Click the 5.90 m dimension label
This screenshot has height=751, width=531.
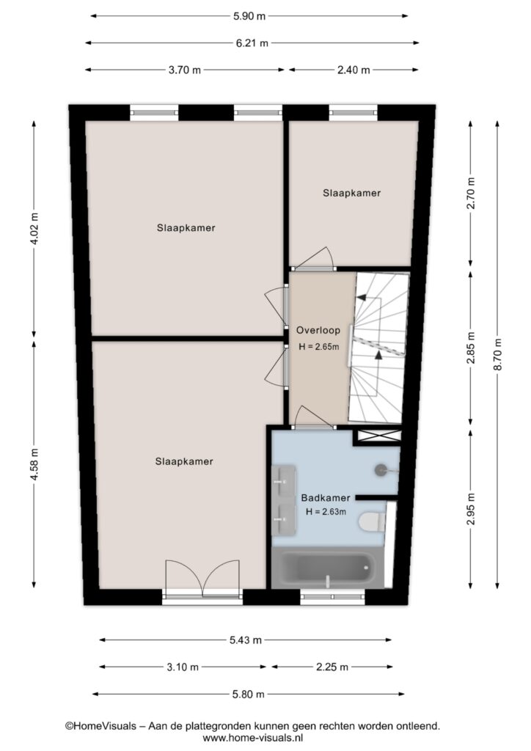pos(249,16)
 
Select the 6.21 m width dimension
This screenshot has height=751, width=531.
pos(252,43)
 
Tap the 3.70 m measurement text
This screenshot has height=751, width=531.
pos(184,70)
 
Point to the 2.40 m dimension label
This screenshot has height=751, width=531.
pos(354,70)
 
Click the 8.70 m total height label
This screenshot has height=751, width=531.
pos(498,354)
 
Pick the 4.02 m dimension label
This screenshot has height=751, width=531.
pos(34,228)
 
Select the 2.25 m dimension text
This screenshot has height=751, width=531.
pos(332,667)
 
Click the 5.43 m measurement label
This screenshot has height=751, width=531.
pos(246,640)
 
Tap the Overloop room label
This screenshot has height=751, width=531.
pos(318,330)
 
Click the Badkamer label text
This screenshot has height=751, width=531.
pos(326,498)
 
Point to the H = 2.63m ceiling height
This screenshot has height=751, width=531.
pos(326,511)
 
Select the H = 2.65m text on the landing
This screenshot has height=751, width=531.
pos(318,346)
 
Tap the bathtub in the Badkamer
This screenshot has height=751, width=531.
pos(328,568)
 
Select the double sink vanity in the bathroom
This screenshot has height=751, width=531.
pos(284,499)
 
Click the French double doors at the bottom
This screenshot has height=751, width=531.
pos(202,579)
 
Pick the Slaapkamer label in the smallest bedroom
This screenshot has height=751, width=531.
pos(351,193)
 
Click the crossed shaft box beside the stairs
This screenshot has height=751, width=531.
pos(379,436)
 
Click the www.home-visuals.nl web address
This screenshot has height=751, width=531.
pos(252,738)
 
